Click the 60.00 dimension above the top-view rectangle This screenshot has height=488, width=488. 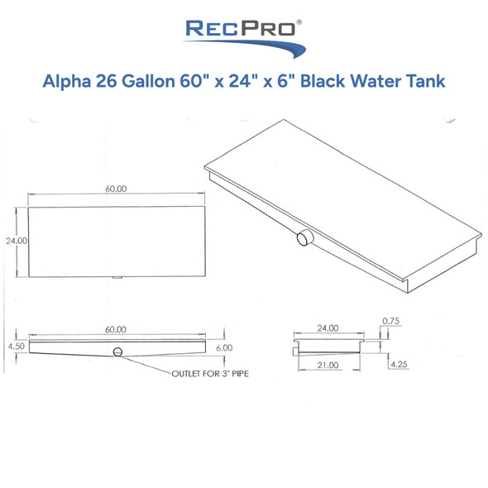click(x=116, y=189)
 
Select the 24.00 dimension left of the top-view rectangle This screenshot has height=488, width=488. click(x=17, y=241)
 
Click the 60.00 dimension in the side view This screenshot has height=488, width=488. click(x=116, y=329)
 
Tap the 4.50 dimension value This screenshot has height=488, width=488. click(x=16, y=347)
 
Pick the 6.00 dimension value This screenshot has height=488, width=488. click(x=223, y=347)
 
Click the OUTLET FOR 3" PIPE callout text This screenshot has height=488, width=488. click(x=210, y=374)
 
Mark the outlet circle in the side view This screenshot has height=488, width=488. click(x=117, y=353)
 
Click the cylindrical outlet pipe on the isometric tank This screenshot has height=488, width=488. click(x=303, y=239)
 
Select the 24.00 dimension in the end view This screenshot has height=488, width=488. click(x=328, y=328)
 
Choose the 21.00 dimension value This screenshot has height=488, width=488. click(x=328, y=364)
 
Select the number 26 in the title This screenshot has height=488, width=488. click(x=108, y=82)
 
